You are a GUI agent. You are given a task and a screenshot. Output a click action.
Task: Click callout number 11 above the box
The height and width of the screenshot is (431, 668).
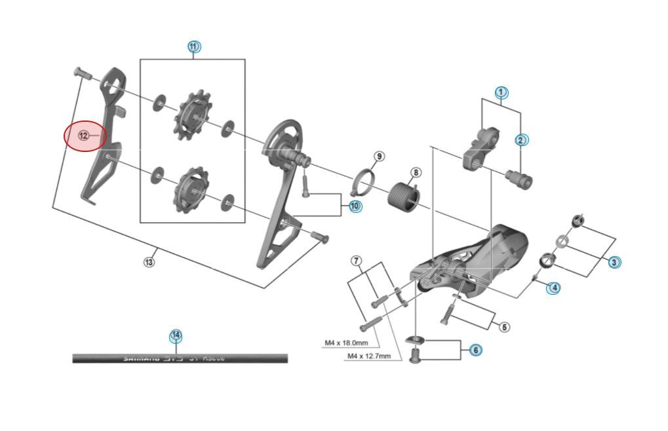point(193,47)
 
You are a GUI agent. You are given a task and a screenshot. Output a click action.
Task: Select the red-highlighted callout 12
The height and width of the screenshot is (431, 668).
point(84,136)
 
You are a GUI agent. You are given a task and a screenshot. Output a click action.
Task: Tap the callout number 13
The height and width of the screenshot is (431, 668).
point(149,262)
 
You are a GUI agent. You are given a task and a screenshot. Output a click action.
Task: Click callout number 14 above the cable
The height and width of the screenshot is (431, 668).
point(175,336)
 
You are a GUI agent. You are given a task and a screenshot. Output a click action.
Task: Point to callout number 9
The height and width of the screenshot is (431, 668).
point(380,156)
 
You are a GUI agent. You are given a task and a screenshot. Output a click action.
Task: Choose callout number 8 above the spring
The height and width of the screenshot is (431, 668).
point(415,173)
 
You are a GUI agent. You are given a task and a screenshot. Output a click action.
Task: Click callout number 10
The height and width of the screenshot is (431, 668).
point(355,206)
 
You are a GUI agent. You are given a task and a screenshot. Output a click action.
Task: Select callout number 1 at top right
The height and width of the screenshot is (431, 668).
point(501,92)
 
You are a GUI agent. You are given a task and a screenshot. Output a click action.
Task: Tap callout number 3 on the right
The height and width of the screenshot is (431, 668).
point(614,262)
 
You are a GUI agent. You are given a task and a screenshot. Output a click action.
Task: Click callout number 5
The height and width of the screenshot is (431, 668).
point(503,327)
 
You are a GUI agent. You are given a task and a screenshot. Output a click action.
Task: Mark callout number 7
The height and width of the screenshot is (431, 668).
point(357,261)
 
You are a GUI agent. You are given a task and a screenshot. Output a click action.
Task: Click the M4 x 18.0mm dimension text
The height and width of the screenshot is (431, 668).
point(346,343)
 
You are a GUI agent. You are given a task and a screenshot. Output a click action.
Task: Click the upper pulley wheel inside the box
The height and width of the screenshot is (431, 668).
point(191,117)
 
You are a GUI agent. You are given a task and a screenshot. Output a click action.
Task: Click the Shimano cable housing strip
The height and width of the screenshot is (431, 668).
point(180,358)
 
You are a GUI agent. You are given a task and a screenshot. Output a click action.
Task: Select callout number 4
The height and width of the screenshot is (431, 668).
point(553,287)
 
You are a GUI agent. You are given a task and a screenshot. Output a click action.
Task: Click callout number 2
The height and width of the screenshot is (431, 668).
point(521,140)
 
